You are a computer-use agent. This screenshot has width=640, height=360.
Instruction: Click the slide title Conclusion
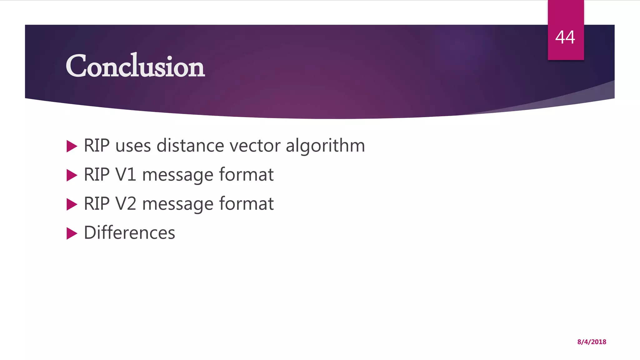[135, 66]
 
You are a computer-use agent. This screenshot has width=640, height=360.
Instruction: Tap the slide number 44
[565, 37]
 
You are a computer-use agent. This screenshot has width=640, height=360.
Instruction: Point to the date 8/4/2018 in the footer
[592, 342]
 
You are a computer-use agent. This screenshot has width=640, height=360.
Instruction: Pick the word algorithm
[325, 146]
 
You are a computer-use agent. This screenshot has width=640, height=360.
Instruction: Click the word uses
[133, 146]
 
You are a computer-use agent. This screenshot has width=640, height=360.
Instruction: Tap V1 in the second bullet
[126, 175]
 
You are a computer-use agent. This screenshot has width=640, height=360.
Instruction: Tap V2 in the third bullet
[126, 204]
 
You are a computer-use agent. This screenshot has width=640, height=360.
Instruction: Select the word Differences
[129, 233]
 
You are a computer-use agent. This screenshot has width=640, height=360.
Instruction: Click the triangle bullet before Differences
[72, 233]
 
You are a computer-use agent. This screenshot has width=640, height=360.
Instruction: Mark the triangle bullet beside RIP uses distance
[72, 146]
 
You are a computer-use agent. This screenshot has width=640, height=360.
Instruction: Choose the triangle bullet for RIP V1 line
[72, 175]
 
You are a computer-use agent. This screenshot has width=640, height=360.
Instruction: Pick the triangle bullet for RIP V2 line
[72, 204]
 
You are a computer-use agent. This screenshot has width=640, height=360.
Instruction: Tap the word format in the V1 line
[246, 174]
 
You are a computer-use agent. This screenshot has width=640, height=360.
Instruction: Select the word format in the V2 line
[246, 203]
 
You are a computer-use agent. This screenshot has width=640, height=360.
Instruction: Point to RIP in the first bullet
[97, 146]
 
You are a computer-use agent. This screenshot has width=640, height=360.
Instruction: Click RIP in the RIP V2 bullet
[97, 204]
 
